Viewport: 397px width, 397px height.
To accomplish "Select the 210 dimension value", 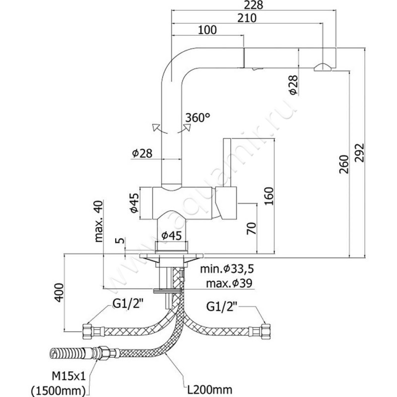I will [246, 18].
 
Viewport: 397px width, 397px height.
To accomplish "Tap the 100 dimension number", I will [207, 30].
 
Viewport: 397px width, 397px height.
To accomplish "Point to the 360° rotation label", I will [198, 118].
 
